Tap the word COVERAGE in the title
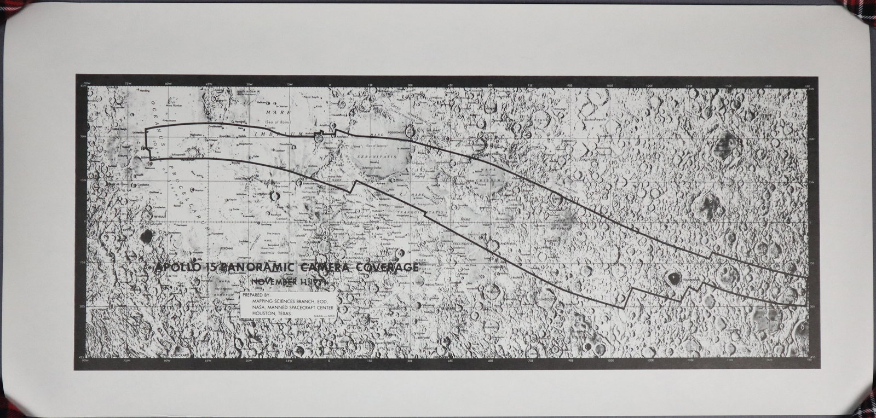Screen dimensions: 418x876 tap(387, 267)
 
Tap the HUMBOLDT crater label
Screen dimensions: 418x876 tap(547, 299)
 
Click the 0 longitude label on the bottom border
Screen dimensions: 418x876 tap(329, 362)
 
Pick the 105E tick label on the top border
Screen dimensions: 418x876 tap(610, 84)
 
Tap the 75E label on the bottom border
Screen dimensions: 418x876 tap(530, 362)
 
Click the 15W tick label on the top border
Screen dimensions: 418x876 tap(289, 84)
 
